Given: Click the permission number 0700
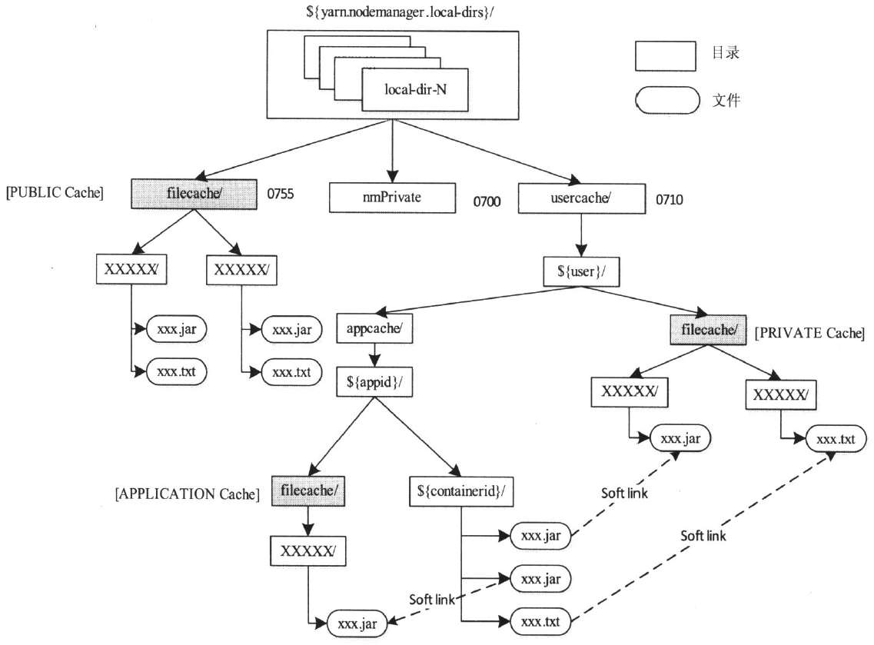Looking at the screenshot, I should [x=487, y=204].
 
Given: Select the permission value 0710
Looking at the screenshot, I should [x=670, y=200].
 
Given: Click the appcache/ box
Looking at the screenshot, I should [x=374, y=331].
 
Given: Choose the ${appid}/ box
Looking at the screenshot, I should [x=374, y=381].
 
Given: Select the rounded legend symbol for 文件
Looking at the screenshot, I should [x=666, y=99].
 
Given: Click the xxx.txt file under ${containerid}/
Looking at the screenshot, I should [x=540, y=620].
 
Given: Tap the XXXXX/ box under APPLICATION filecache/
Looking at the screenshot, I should [x=307, y=551].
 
